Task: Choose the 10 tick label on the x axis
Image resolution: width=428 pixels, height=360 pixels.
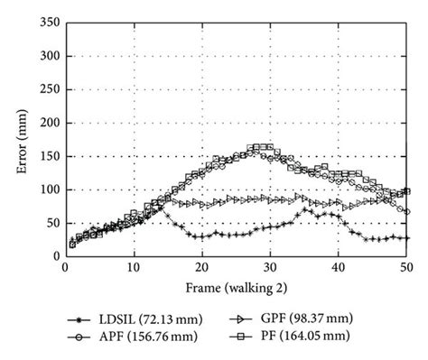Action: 133,268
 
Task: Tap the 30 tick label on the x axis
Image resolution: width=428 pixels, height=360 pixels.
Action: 270,268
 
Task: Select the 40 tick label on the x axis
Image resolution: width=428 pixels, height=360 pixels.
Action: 339,268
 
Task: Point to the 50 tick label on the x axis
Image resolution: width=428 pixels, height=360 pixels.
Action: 407,268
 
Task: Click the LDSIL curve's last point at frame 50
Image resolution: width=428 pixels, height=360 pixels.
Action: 407,238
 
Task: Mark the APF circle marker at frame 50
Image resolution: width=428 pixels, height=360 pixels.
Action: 407,212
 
